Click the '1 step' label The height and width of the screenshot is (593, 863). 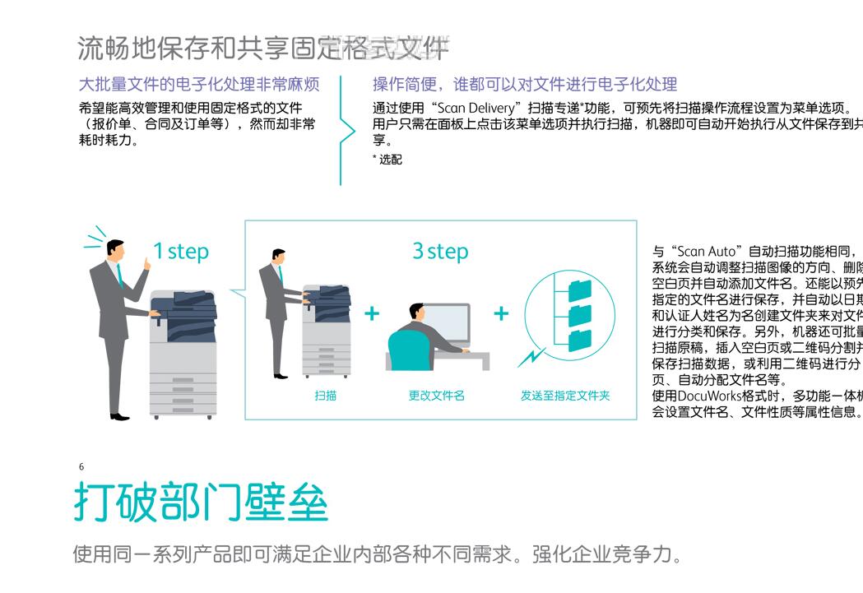(x=181, y=251)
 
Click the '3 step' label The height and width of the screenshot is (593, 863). (x=440, y=251)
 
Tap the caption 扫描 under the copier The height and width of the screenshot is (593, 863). (x=326, y=396)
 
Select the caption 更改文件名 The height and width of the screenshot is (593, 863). (x=437, y=396)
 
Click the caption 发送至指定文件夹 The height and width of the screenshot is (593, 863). (x=565, y=396)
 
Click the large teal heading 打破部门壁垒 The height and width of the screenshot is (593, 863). (x=201, y=502)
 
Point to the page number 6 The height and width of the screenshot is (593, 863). (x=81, y=466)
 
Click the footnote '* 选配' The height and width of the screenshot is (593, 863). (x=387, y=160)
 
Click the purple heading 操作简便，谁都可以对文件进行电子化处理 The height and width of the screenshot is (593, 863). (x=525, y=84)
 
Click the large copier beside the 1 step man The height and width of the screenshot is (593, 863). (x=183, y=354)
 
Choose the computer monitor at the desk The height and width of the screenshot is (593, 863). (x=448, y=323)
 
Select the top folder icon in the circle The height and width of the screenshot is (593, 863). (x=580, y=290)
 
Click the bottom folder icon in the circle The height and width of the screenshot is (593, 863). (x=580, y=339)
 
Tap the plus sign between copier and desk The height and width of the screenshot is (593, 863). (x=372, y=313)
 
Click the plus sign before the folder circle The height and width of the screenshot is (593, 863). (x=501, y=313)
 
